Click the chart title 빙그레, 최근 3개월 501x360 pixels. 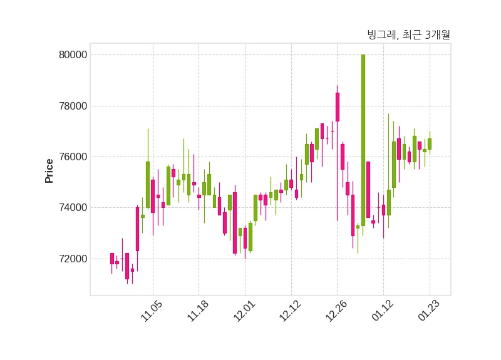[x=408, y=35]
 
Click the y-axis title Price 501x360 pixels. [x=49, y=170]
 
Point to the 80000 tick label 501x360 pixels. [x=73, y=55]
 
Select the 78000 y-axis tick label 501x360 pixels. [x=73, y=106]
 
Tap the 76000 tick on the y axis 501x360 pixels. [x=73, y=157]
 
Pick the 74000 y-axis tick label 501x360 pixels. [x=73, y=208]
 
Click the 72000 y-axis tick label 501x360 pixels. [x=73, y=259]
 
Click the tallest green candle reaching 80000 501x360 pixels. [x=363, y=138]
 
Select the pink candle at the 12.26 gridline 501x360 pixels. [x=337, y=107]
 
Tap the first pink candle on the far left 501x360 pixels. [x=112, y=258]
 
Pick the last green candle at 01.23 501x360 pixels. [x=430, y=144]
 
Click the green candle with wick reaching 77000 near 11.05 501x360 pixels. [x=148, y=185]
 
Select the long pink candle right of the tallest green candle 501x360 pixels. [x=368, y=190]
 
